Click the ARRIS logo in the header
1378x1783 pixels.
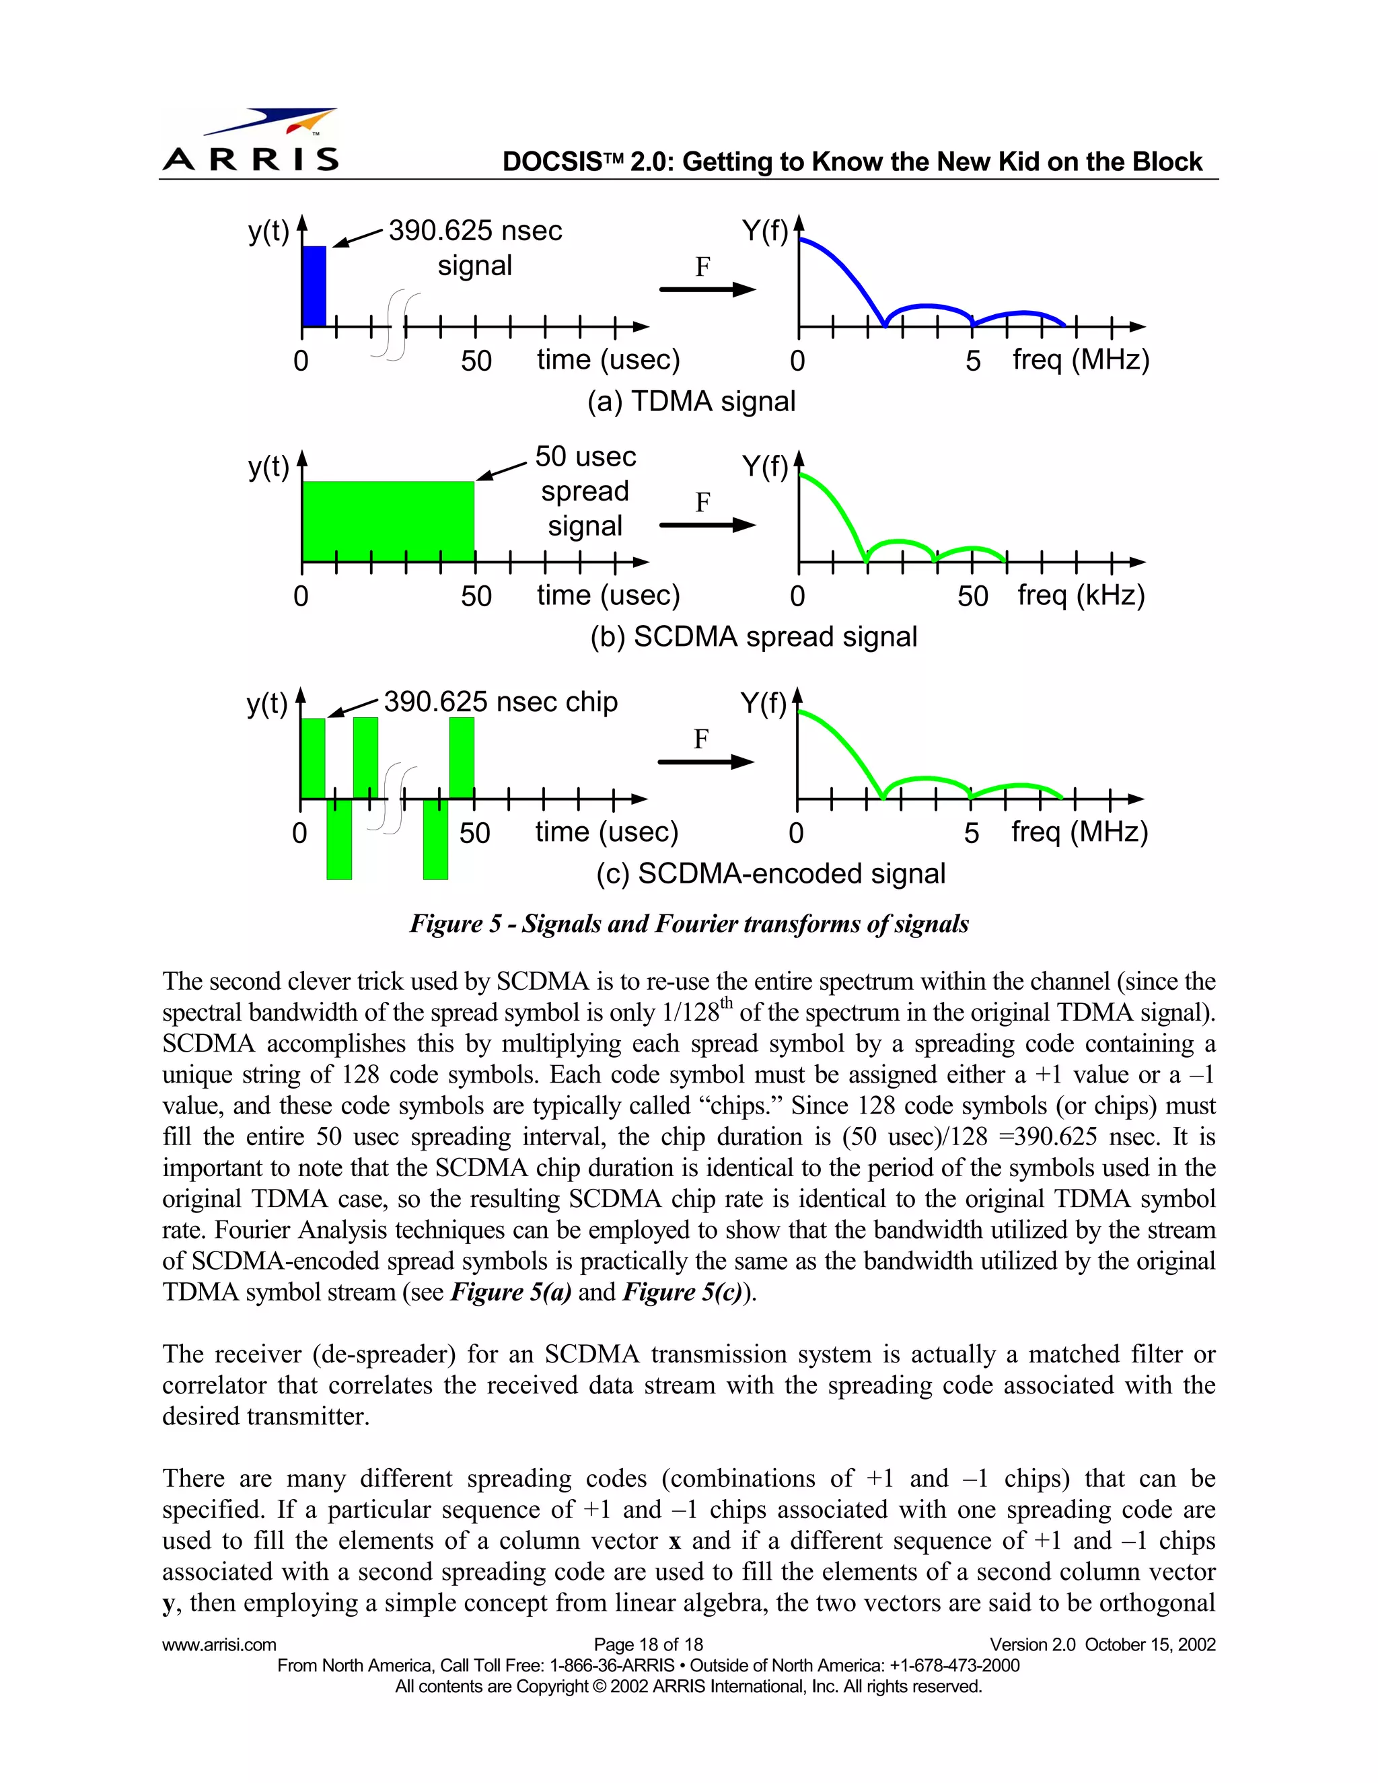250,141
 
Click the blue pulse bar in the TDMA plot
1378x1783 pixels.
314,286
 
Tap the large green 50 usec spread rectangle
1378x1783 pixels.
388,521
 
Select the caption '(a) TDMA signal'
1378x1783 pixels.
690,402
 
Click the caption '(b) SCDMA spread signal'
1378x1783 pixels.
753,636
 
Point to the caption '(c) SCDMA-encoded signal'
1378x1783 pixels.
770,873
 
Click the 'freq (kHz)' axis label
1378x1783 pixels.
1081,595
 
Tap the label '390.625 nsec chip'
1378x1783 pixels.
501,702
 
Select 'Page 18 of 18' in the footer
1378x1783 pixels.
648,1644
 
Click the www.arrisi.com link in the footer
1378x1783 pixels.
219,1644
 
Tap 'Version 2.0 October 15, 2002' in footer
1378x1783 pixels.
1102,1644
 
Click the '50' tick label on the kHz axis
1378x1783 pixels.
972,597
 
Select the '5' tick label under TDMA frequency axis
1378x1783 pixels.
972,361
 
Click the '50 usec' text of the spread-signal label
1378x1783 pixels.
585,456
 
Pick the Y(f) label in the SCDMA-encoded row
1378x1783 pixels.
763,703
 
